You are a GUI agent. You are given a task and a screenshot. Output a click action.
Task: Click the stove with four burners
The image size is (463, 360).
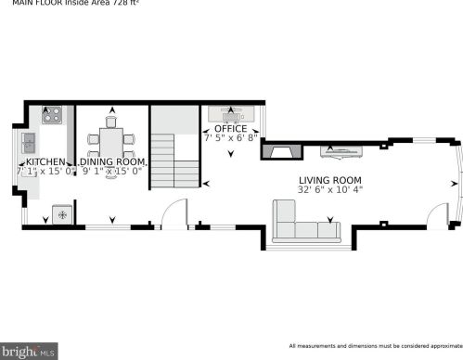coord(53,116)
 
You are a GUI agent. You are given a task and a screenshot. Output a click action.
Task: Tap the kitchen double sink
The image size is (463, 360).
coord(28,142)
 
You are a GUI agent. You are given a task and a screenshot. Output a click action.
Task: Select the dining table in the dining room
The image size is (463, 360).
coord(110,142)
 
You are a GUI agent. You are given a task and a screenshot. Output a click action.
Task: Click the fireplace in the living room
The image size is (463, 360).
coord(280,153)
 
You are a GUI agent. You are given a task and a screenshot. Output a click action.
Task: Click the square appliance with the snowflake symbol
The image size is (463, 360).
coord(63,215)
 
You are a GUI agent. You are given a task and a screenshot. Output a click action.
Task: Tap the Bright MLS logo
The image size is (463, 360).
coord(29,352)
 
